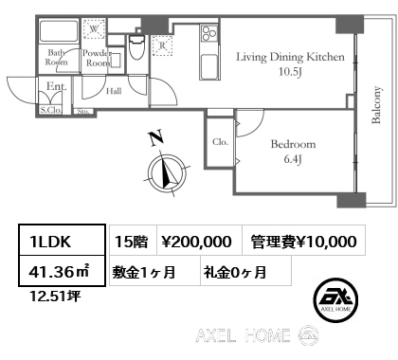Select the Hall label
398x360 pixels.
point(113,92)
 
